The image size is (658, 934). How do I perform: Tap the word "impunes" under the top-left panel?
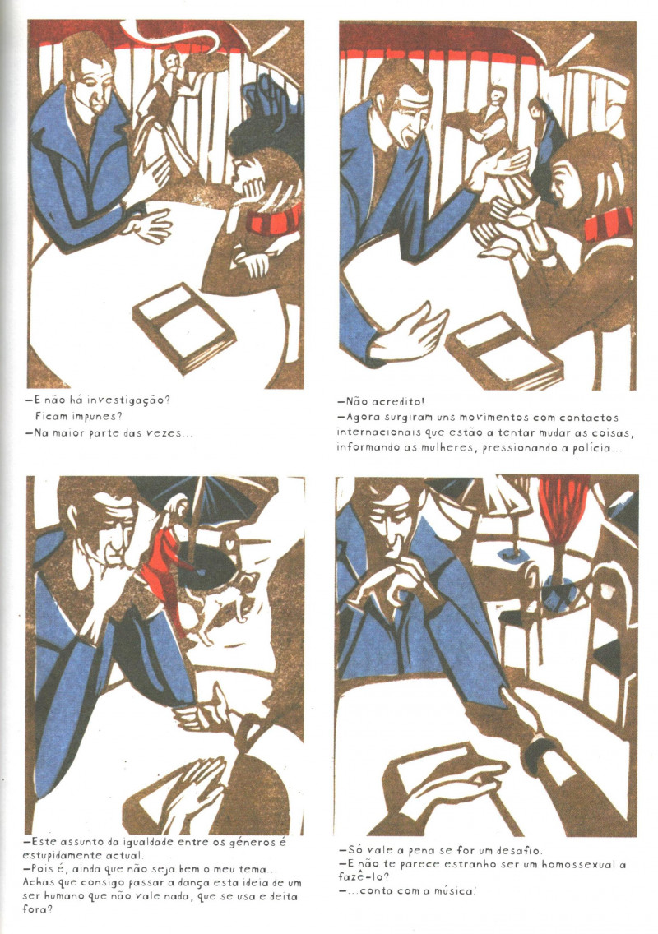[86, 416]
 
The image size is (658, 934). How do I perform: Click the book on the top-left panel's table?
[183, 327]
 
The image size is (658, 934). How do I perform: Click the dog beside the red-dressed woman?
[220, 604]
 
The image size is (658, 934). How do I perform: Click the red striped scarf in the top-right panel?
[608, 224]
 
